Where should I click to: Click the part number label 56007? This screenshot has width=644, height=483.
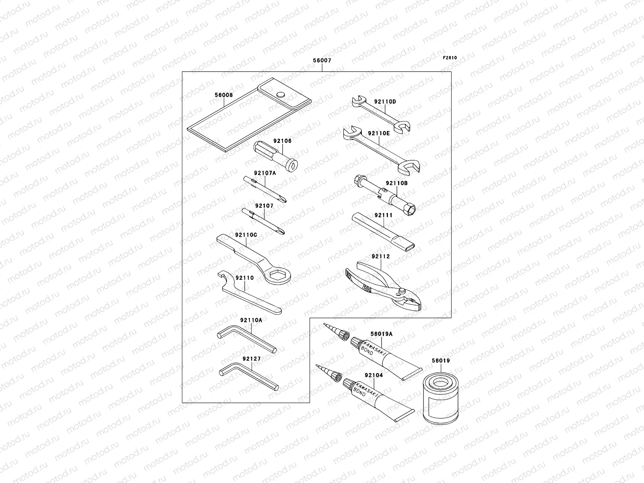(x=322, y=61)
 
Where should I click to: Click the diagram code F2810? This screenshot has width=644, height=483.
(x=450, y=58)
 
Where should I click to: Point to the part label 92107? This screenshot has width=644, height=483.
(x=264, y=206)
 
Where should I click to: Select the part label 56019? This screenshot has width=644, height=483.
(x=441, y=361)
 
